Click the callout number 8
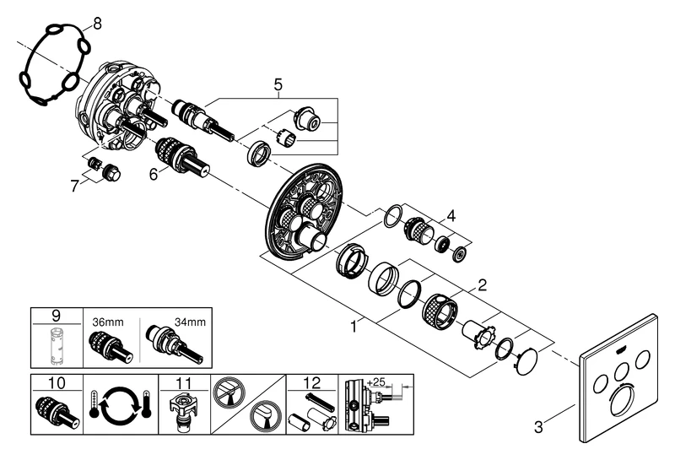(96, 24)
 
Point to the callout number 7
(74, 185)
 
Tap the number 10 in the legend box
(57, 383)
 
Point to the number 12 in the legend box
(312, 383)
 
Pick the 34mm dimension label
(190, 321)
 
